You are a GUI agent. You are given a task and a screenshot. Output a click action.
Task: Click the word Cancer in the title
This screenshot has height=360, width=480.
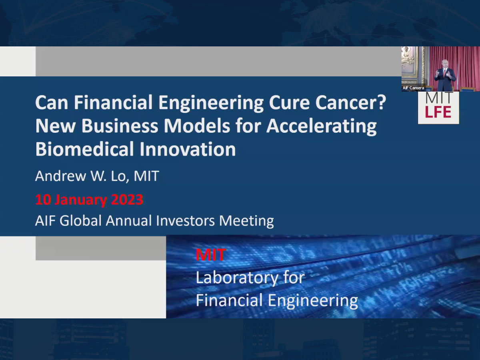[346, 102]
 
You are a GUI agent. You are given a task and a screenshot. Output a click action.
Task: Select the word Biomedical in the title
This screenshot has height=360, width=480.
[84, 149]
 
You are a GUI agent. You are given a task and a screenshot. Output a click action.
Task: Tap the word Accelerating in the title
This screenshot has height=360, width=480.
[322, 127]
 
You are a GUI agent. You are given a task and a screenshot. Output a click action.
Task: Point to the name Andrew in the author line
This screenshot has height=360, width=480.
[60, 176]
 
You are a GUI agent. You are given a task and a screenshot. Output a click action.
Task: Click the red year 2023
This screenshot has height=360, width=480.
[127, 200]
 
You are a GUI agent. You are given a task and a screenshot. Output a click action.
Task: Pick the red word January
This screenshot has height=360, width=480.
[80, 200]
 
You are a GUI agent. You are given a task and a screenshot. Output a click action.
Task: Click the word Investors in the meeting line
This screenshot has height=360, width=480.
[185, 220]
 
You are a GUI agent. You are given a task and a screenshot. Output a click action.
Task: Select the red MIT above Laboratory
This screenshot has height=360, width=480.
[210, 255]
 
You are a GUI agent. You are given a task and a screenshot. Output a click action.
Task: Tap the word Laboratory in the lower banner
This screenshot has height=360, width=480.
[237, 278]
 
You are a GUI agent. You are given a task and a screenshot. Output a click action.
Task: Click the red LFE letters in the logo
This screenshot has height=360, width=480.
[438, 112]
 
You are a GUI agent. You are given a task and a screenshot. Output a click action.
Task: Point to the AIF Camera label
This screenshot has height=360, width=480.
[413, 88]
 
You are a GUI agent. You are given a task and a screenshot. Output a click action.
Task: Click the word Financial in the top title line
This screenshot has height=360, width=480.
[113, 102]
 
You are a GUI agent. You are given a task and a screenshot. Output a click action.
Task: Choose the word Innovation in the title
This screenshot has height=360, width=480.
[188, 149]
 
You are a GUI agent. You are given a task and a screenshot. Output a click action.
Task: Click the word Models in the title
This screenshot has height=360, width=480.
[197, 126]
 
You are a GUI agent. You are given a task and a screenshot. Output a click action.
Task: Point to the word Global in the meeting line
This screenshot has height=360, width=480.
[80, 220]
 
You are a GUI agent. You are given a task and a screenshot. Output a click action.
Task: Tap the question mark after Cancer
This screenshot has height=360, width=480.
[382, 102]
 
